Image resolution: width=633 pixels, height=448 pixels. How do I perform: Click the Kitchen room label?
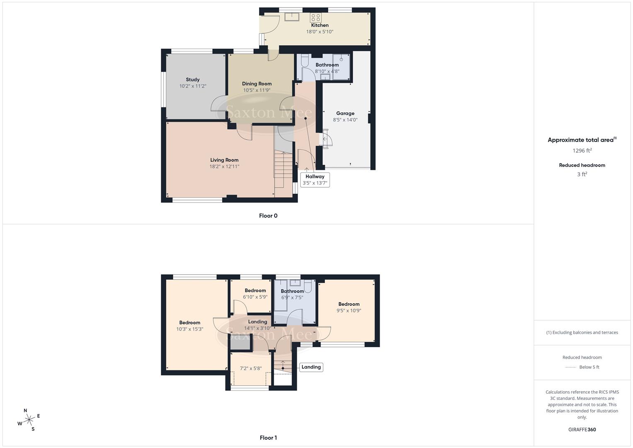point(320,25)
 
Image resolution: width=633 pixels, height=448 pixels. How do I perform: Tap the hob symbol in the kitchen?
point(315,17)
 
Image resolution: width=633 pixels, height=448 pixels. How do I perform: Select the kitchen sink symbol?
point(292,17)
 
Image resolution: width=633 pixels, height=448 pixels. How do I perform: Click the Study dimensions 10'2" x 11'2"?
point(193,86)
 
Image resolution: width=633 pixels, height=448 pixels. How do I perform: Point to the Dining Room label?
point(257,84)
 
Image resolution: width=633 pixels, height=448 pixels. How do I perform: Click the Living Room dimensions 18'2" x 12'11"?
point(224,167)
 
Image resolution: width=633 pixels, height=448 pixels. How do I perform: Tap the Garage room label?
point(345,113)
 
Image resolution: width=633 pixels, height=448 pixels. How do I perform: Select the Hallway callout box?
point(315,180)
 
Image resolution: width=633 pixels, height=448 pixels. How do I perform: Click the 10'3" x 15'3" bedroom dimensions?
point(189,329)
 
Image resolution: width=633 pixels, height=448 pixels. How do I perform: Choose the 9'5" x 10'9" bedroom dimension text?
point(349,310)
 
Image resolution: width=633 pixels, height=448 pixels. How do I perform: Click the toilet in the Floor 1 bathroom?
point(308,287)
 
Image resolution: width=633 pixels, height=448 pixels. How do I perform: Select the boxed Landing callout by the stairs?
point(311,367)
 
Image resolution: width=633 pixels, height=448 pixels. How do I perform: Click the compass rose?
point(29,420)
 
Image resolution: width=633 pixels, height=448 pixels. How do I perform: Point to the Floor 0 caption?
point(268,216)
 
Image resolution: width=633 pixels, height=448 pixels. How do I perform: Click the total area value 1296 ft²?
point(582,151)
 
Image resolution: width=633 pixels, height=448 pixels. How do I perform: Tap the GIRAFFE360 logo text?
point(582,430)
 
